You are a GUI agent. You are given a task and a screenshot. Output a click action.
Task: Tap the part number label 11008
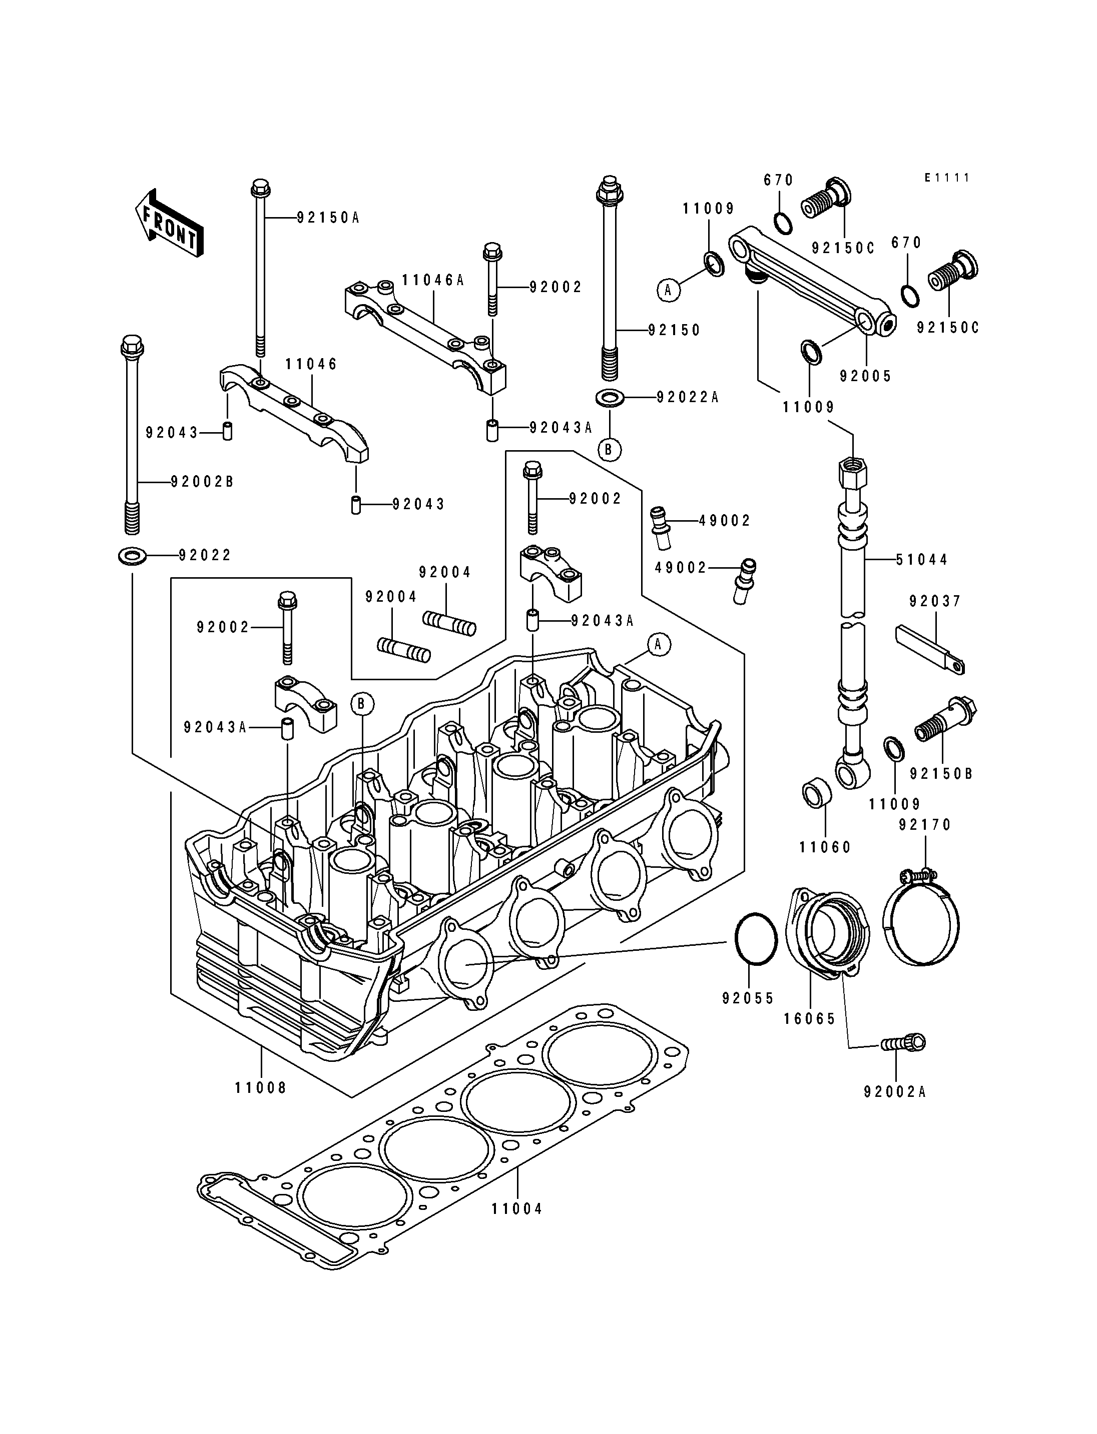click(x=261, y=1087)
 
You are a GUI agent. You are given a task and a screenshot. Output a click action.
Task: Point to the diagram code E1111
click(x=947, y=178)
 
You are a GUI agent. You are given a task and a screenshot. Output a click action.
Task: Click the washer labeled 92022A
click(x=609, y=396)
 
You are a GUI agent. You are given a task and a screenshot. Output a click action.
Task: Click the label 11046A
click(x=433, y=280)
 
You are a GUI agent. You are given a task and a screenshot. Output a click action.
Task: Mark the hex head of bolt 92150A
click(x=259, y=188)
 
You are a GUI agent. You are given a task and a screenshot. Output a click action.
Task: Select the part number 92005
click(x=865, y=376)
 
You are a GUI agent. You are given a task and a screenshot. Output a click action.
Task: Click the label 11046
click(x=311, y=364)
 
